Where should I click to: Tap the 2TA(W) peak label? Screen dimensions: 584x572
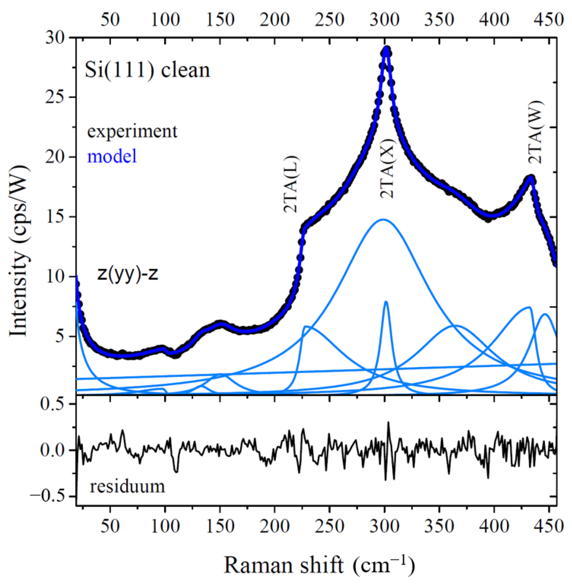click(x=536, y=132)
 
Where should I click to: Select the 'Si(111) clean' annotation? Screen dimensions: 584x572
click(x=147, y=70)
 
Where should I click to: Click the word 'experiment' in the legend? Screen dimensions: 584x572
click(x=132, y=131)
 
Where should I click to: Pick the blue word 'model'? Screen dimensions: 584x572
click(x=112, y=157)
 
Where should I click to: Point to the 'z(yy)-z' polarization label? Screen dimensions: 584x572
click(x=127, y=273)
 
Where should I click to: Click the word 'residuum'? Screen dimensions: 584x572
click(x=127, y=486)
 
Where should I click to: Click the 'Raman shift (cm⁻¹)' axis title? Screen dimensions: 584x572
click(x=319, y=564)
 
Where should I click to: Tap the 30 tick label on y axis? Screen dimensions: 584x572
click(x=55, y=38)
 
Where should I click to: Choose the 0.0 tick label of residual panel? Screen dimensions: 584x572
click(x=52, y=450)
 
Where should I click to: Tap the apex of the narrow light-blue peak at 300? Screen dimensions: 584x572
click(x=386, y=302)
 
